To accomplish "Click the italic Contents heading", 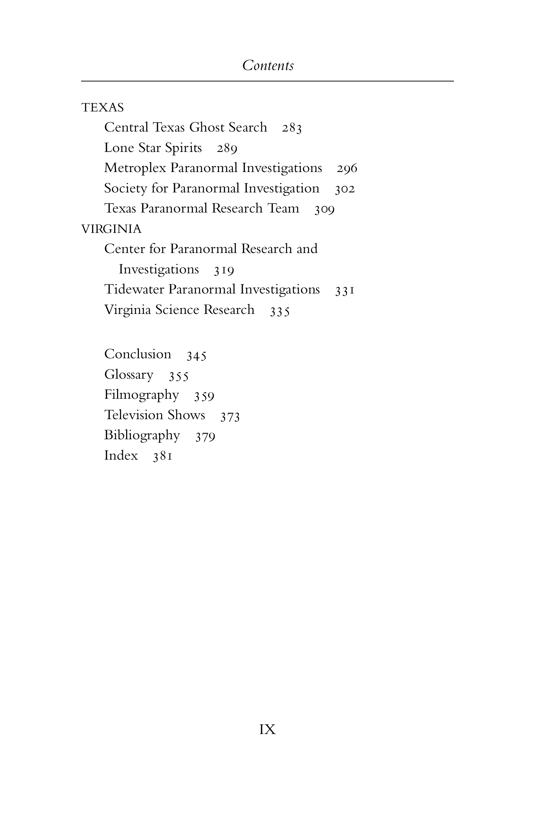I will coord(268,65).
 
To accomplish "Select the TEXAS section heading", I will coord(102,108).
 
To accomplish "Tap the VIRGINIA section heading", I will coord(111,229).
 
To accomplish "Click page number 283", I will coord(292,128).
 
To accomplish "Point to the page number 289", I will coord(227,149).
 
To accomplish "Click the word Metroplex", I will coord(135,168).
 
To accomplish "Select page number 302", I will coord(345,189).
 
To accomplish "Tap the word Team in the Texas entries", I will coord(283,209).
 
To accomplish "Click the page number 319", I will coord(224,270).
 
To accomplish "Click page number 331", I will coord(345,290).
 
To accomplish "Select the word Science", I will coord(177,310).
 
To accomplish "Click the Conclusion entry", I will coord(138,354).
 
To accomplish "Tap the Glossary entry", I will coord(129,375).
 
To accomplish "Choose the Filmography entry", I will coord(142,395).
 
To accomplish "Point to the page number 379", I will coord(205,437).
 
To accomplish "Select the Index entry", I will coord(121,455).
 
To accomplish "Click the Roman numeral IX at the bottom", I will coord(267,729).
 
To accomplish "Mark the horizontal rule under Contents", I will coord(267,81).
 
